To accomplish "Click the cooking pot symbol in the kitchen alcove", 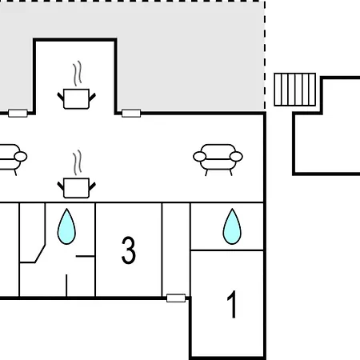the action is pyautogui.click(x=77, y=98).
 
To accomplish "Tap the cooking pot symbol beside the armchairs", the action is pyautogui.click(x=77, y=188).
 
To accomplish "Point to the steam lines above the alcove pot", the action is pyautogui.click(x=78, y=74).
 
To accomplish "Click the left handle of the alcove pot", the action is pyautogui.click(x=61, y=97).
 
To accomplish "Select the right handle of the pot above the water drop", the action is pyautogui.click(x=92, y=186).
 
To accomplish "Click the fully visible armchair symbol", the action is pyautogui.click(x=218, y=159).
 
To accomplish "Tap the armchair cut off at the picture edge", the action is pyautogui.click(x=12, y=159).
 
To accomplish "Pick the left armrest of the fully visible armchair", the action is pyautogui.click(x=199, y=157).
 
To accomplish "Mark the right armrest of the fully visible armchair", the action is pyautogui.click(x=236, y=157).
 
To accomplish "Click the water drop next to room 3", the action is pyautogui.click(x=66, y=226).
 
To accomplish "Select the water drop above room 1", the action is pyautogui.click(x=232, y=226).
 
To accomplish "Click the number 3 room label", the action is pyautogui.click(x=129, y=250).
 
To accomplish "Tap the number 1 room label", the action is pyautogui.click(x=232, y=304).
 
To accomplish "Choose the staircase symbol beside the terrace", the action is pyautogui.click(x=295, y=90).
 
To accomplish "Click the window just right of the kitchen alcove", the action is pyautogui.click(x=131, y=114).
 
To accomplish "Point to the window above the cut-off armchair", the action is pyautogui.click(x=18, y=114).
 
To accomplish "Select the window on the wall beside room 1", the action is pyautogui.click(x=176, y=298).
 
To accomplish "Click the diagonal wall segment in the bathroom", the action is pyautogui.click(x=40, y=254).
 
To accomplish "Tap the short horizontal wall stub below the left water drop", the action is pyautogui.click(x=86, y=256).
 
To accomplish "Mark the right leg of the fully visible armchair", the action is pyautogui.click(x=230, y=173).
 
